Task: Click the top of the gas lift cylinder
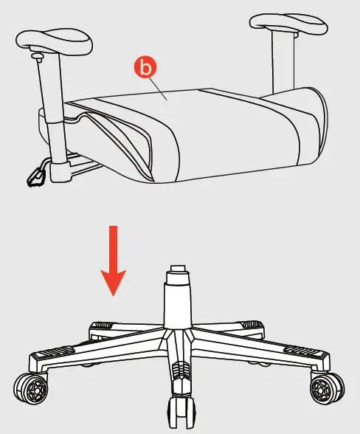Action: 176,273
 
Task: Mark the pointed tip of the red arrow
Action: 113,293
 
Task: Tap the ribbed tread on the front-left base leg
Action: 60,355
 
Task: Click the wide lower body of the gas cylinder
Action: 177,306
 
